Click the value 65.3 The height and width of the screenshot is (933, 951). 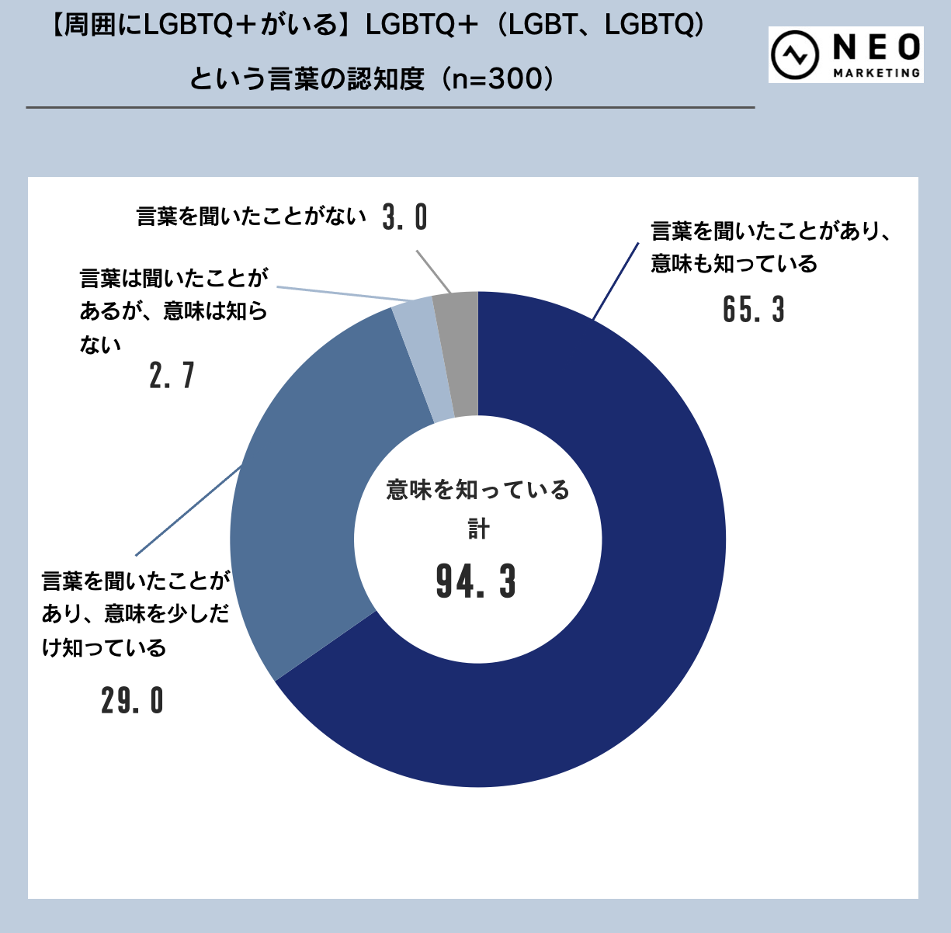pos(753,310)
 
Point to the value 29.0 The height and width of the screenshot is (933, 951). pos(132,701)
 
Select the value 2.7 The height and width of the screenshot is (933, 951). pos(172,376)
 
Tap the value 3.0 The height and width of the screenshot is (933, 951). pos(405,217)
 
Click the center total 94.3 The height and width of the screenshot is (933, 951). pos(476,581)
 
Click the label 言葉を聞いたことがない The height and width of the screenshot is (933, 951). pos(251,217)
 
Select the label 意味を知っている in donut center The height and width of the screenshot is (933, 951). pos(478,490)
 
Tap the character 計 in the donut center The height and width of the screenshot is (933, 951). pos(478,529)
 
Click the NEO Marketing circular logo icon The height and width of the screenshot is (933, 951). pos(795,55)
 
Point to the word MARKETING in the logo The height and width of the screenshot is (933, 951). pos(876,73)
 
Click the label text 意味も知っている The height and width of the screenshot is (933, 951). pos(734,264)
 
